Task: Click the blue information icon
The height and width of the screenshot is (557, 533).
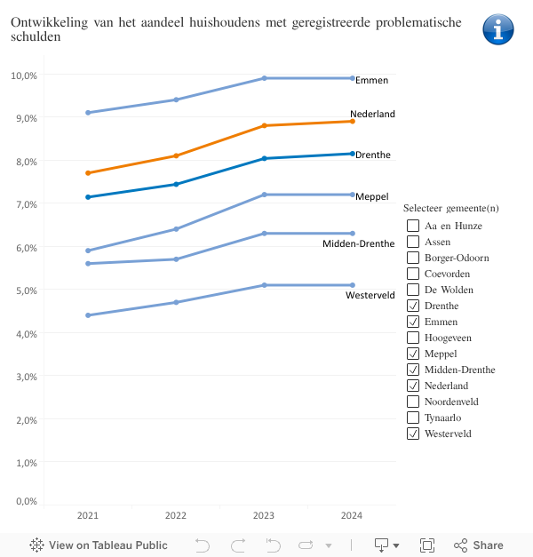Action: pos(498,29)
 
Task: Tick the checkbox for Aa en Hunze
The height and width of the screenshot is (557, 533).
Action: pos(413,226)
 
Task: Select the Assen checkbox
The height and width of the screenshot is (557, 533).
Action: pos(413,242)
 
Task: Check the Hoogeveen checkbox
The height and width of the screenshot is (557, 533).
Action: pos(413,338)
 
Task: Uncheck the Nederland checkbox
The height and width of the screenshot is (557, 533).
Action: pos(413,386)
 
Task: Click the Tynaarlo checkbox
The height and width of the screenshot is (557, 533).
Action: pos(413,418)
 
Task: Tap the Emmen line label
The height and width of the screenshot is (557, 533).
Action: pos(371,80)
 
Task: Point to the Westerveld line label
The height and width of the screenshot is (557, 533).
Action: pos(370,295)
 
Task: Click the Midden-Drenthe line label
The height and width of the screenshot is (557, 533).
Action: pos(358,243)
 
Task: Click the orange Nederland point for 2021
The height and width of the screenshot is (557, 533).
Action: pos(88,172)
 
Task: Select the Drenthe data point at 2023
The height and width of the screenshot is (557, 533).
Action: pos(265,158)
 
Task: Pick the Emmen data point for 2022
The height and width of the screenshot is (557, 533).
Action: pos(176,99)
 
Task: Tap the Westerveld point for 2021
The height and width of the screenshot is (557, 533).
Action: pos(88,315)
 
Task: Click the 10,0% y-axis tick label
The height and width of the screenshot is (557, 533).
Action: pos(24,76)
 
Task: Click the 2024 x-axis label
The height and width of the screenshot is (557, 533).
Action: pos(353,515)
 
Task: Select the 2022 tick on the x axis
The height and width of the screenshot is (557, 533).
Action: pos(176,515)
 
